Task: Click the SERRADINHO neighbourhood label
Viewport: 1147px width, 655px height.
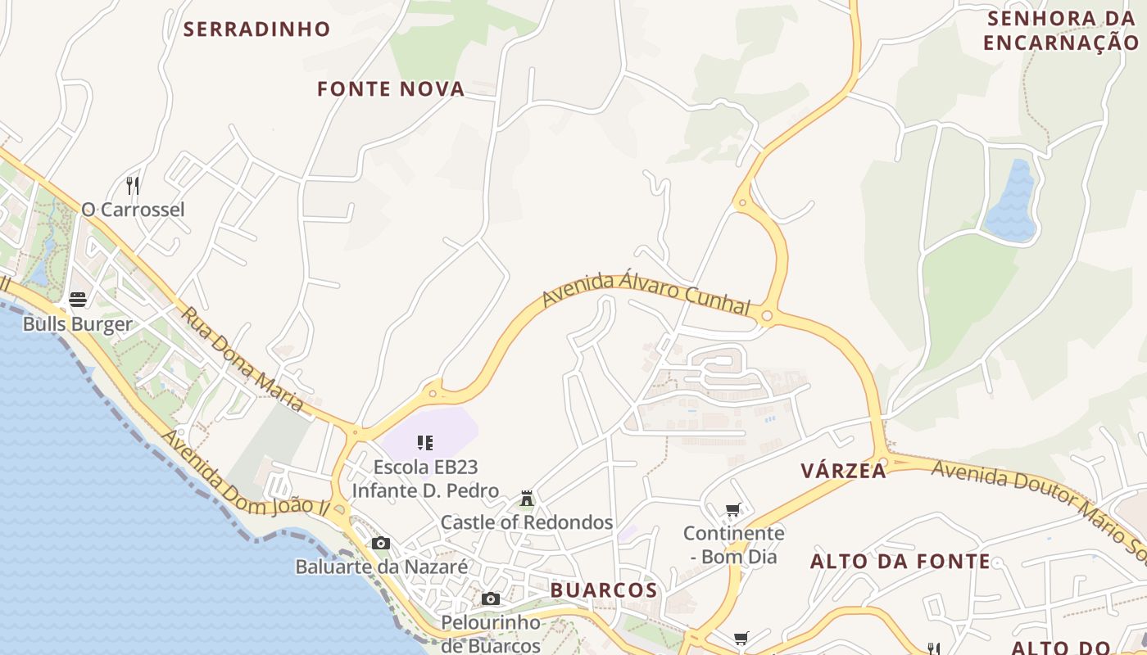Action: [x=256, y=29]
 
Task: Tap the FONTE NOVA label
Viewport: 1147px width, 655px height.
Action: [x=391, y=89]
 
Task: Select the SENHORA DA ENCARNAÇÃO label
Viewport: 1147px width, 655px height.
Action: [x=1062, y=30]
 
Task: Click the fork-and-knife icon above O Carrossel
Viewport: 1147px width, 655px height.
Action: [x=133, y=185]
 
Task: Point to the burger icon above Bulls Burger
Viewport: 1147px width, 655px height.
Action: [x=78, y=300]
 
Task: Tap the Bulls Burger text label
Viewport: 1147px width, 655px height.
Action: [x=77, y=324]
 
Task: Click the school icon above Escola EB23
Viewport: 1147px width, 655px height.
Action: [x=424, y=444]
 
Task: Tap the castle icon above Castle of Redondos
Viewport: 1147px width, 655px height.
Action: [x=527, y=498]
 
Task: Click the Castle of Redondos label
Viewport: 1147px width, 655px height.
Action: [x=527, y=522]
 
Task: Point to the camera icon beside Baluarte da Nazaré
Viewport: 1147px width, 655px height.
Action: [x=381, y=543]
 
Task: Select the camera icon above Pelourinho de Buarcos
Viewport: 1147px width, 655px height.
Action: [x=491, y=599]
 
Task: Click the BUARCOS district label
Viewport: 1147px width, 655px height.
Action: [x=604, y=590]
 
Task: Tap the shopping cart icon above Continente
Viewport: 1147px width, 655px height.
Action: [x=733, y=510]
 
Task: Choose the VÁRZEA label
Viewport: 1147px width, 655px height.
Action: [x=843, y=471]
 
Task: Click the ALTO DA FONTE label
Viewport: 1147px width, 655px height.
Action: [x=900, y=562]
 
